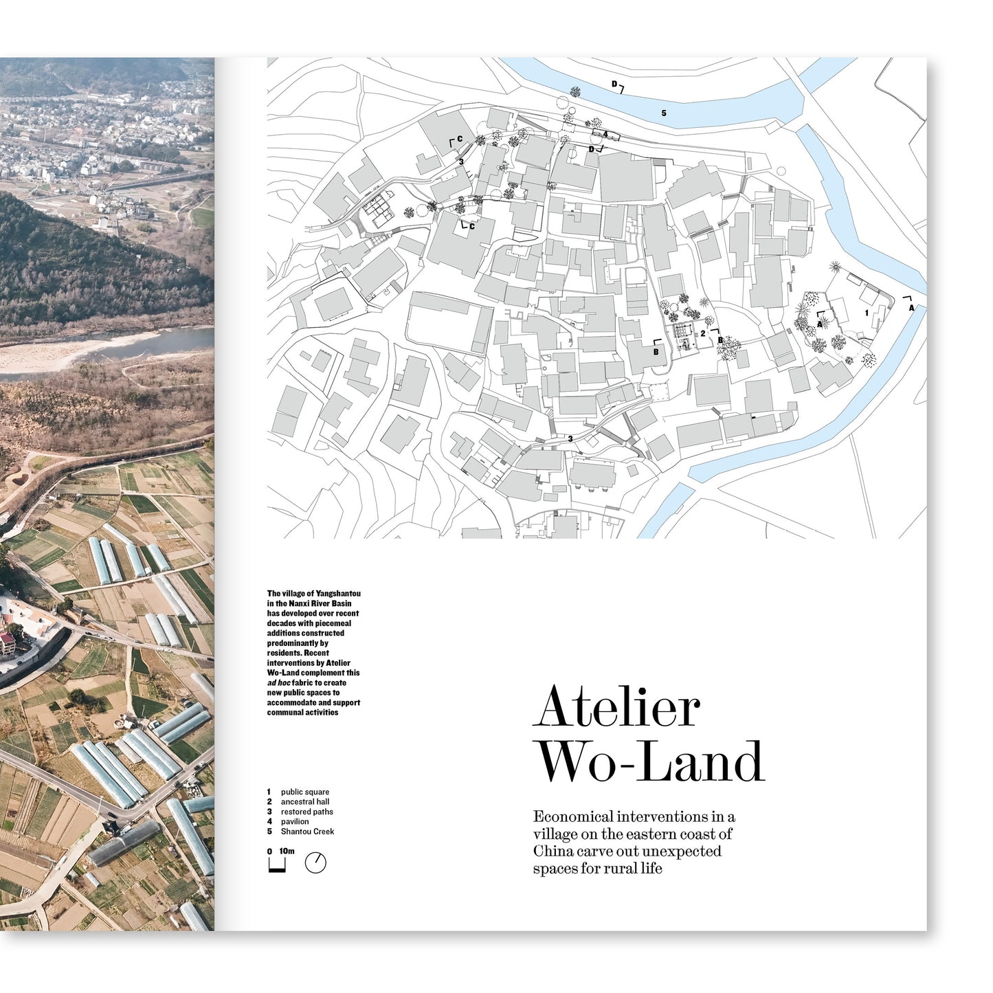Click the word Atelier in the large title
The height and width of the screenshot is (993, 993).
click(x=616, y=707)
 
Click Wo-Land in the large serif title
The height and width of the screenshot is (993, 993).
click(x=649, y=761)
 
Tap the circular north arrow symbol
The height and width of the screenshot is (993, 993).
click(x=315, y=863)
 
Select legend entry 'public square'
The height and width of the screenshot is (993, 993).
click(x=304, y=792)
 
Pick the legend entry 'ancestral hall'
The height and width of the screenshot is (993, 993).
click(x=304, y=802)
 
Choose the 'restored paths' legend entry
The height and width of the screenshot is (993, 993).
click(x=306, y=812)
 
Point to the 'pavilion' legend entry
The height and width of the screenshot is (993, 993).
click(x=295, y=821)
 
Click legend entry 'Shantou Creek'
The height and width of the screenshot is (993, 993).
click(x=307, y=832)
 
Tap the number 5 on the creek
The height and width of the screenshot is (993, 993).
click(x=664, y=113)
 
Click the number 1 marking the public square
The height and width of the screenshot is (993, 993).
click(x=867, y=313)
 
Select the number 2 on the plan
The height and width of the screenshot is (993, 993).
click(x=702, y=333)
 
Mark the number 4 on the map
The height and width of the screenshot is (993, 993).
click(x=605, y=134)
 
